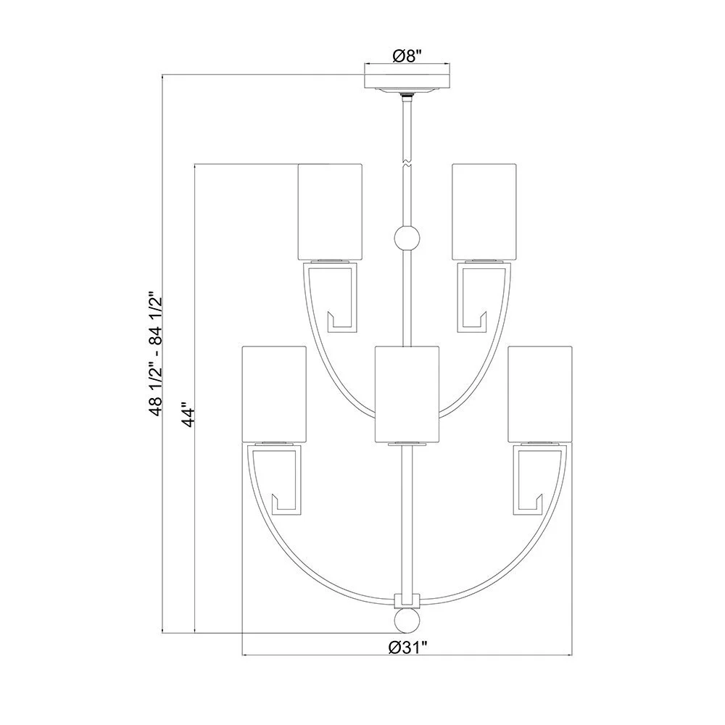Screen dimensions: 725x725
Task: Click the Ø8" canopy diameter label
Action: pos(407,56)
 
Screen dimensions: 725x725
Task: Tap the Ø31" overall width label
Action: pos(407,647)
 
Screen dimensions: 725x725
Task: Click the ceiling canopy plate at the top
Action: pos(407,80)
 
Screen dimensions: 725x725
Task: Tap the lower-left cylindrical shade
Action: pos(274,394)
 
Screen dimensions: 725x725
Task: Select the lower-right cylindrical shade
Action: pos(540,394)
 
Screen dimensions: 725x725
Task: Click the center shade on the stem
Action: pos(407,394)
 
